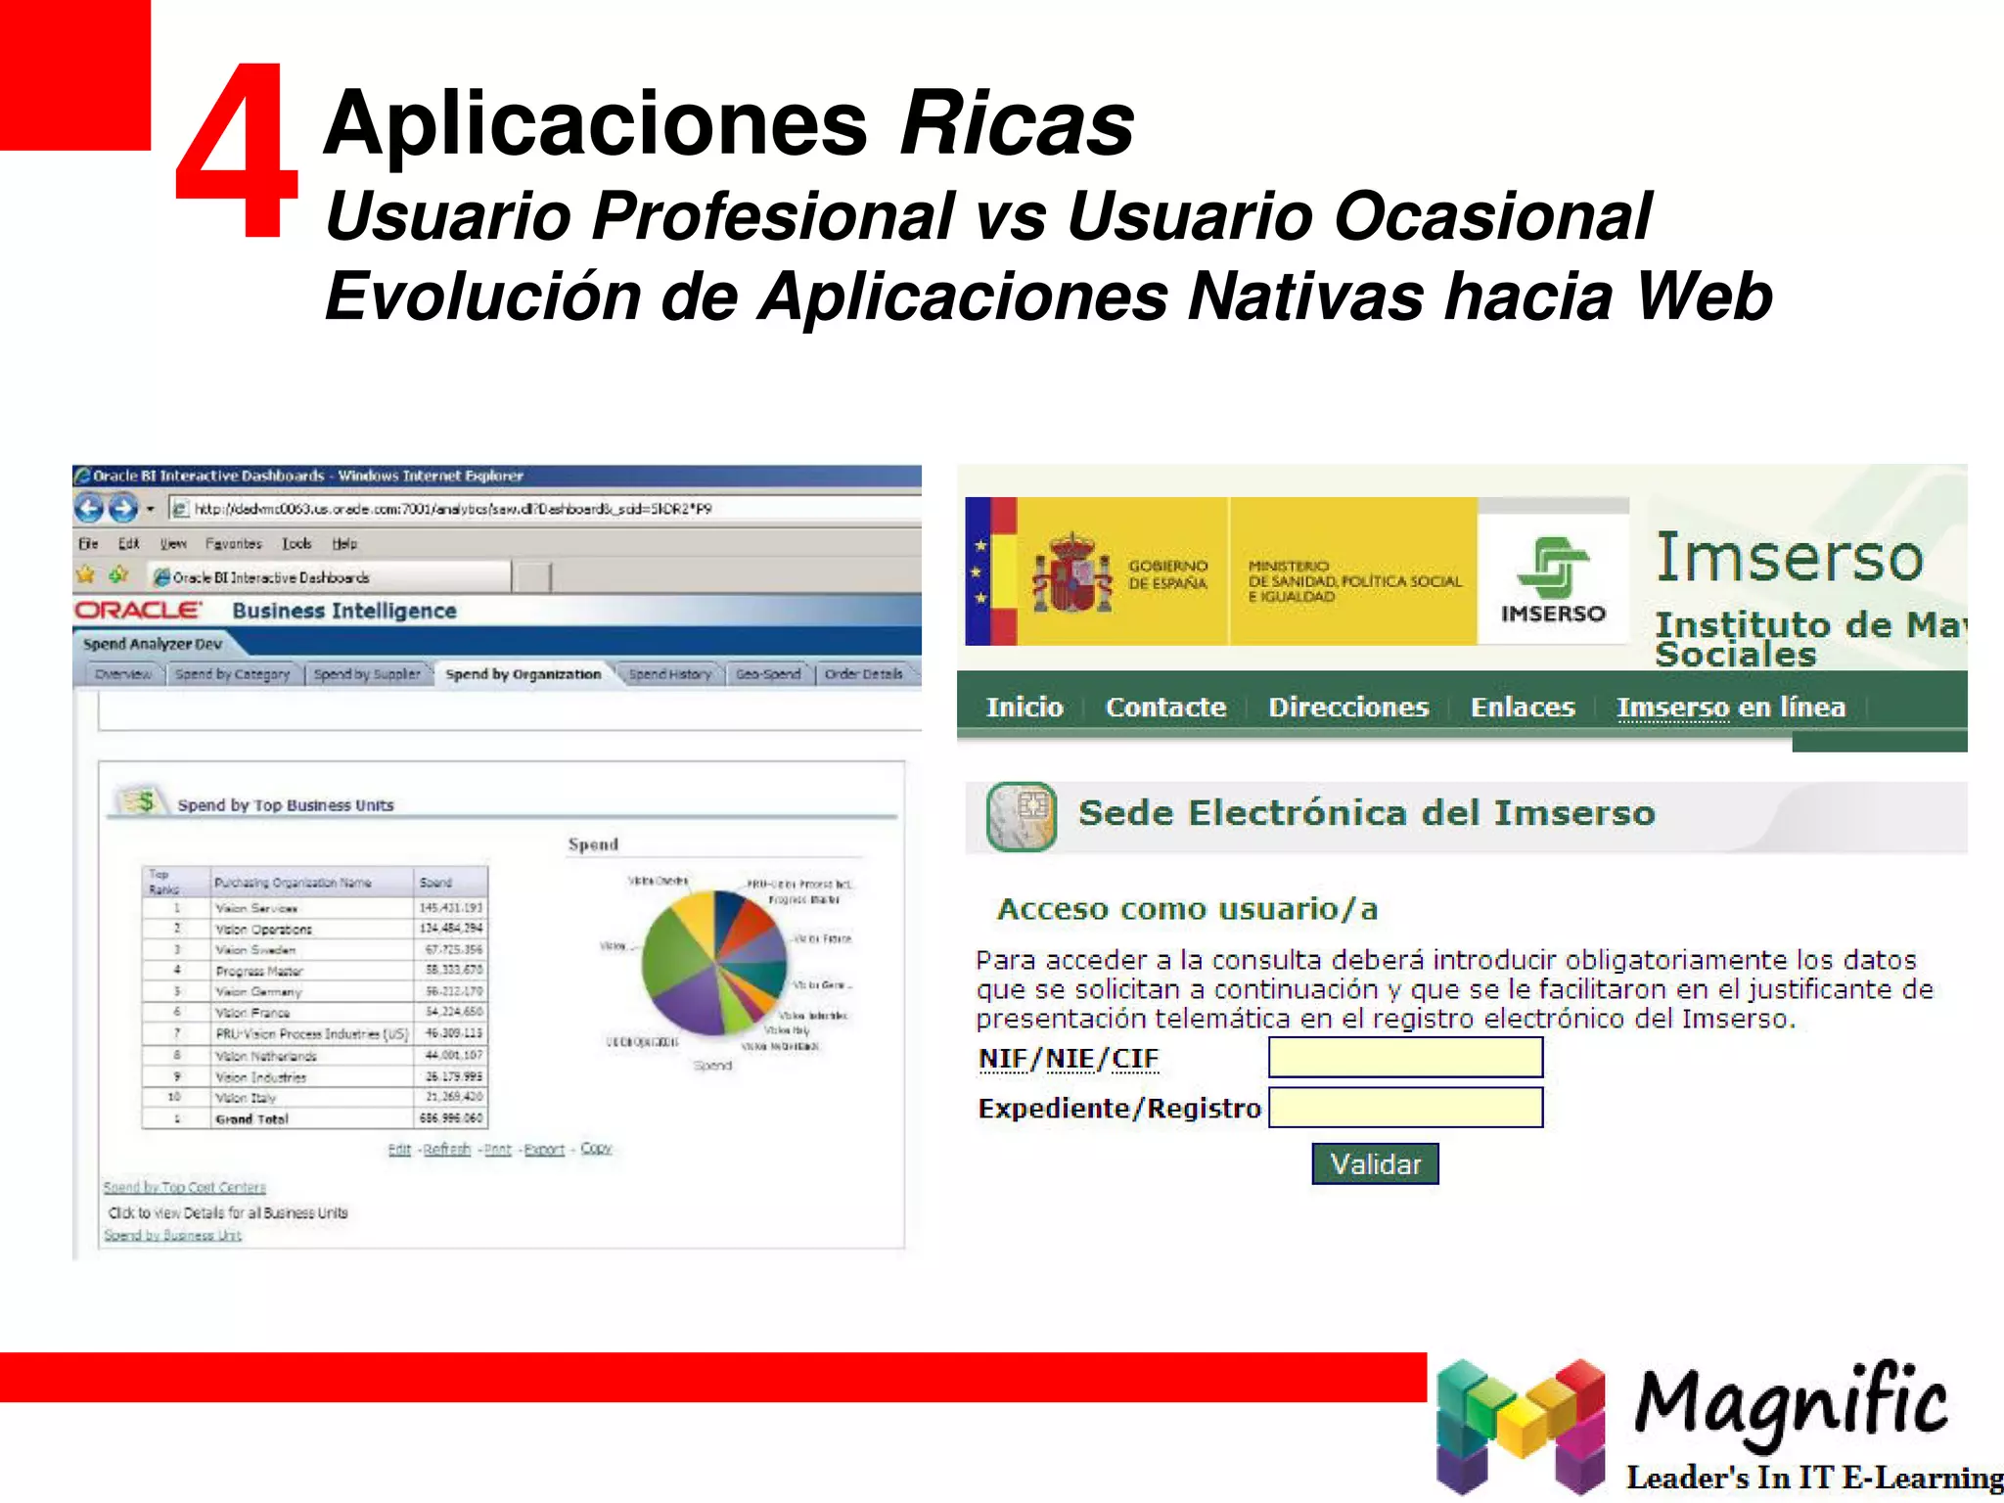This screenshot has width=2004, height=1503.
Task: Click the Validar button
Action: [1375, 1163]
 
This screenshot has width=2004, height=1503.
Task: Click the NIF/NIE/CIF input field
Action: [1405, 1058]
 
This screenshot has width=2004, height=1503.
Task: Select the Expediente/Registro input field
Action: [1405, 1108]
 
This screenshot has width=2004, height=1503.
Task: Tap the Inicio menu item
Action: [1024, 706]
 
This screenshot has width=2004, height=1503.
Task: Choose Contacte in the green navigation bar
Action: [1165, 706]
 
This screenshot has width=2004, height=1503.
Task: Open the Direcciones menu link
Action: [1348, 706]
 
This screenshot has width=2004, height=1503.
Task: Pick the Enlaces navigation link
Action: [1523, 706]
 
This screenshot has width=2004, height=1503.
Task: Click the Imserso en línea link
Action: [1730, 706]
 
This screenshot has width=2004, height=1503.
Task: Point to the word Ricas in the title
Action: [1017, 123]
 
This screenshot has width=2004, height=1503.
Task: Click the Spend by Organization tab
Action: [523, 674]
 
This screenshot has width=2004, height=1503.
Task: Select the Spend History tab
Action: [670, 674]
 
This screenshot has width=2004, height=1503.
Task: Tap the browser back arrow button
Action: [89, 508]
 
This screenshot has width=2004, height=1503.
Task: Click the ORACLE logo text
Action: [139, 610]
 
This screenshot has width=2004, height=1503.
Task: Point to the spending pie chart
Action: [714, 963]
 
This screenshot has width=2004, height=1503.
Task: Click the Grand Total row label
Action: [251, 1118]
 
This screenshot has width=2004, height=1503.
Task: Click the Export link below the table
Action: [544, 1149]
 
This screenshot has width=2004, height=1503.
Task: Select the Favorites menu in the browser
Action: [233, 543]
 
